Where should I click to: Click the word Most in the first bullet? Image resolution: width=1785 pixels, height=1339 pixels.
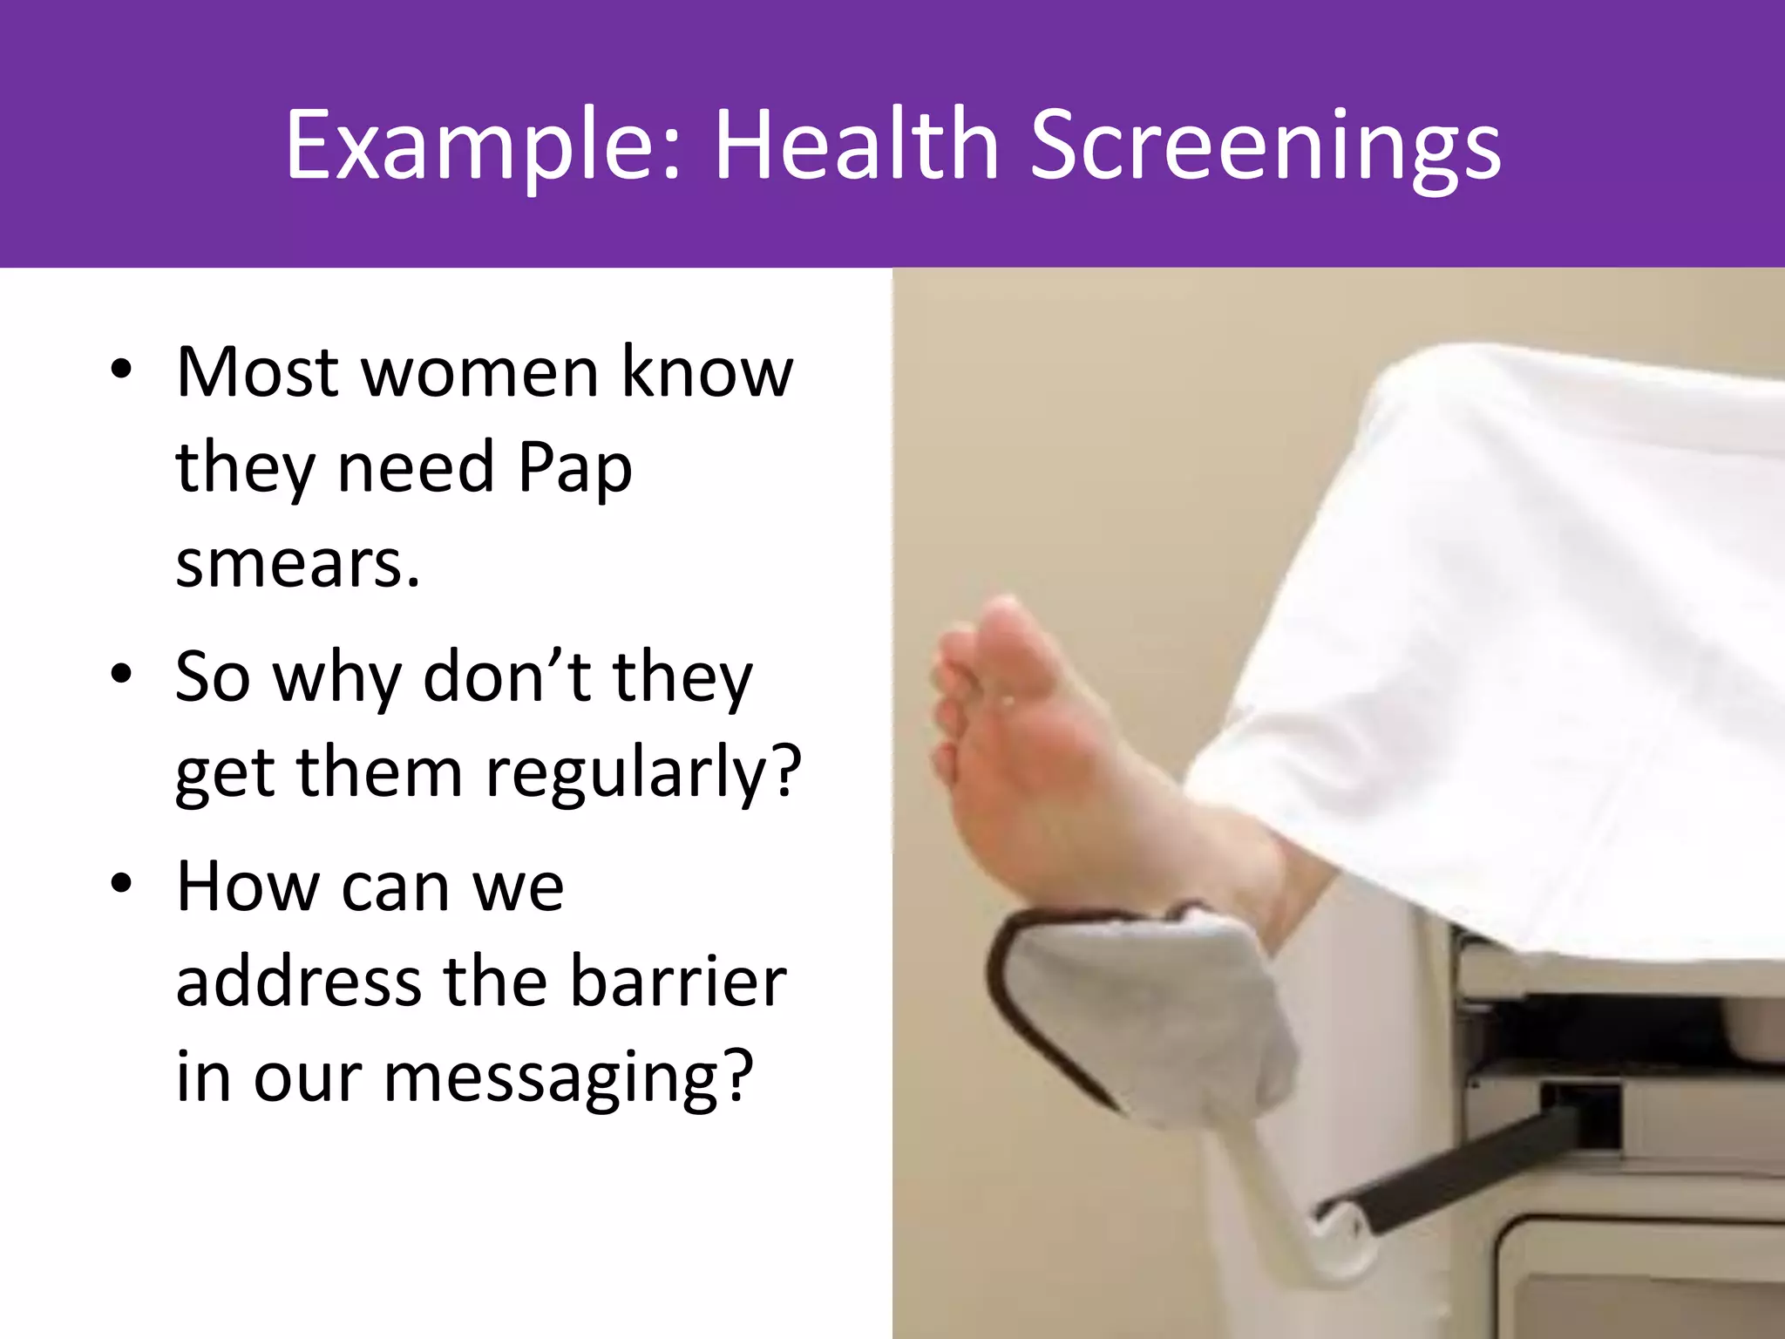(x=257, y=373)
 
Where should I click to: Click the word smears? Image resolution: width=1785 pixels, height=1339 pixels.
(x=297, y=564)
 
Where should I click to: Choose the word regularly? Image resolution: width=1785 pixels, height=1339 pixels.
(x=643, y=774)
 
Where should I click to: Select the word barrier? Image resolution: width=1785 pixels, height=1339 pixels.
(x=678, y=982)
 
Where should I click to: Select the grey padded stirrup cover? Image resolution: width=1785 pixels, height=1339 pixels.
(x=1150, y=1011)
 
